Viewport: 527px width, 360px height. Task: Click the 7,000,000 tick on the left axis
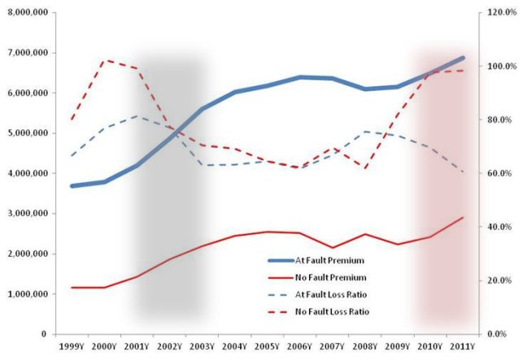pos(25,53)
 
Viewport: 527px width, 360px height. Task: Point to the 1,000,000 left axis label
pos(25,293)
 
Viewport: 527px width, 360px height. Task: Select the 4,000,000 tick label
pos(25,173)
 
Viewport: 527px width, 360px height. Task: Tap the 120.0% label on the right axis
pos(502,13)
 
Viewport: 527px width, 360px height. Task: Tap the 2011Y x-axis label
pos(462,347)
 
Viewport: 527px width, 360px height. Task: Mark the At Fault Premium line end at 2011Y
pos(462,58)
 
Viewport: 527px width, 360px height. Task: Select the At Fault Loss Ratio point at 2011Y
pos(462,171)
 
